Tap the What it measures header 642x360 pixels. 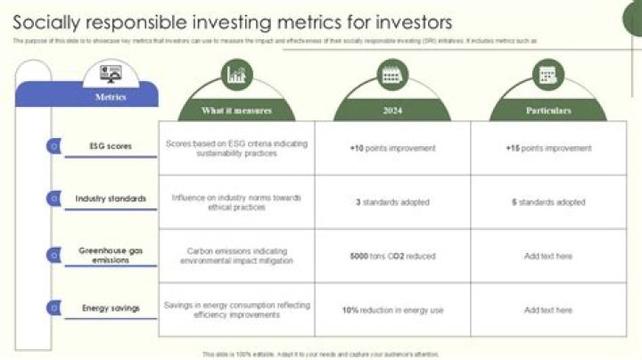(236, 110)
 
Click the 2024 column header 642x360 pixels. (392, 110)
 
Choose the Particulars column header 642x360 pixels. (548, 110)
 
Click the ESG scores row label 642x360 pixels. (111, 145)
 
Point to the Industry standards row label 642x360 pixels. (111, 199)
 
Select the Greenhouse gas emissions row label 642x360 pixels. (111, 256)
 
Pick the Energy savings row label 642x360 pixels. (111, 308)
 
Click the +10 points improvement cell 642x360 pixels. (392, 148)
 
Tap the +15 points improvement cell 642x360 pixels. (548, 148)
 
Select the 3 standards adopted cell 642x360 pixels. (392, 202)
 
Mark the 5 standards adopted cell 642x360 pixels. (548, 202)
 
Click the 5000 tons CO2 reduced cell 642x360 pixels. (392, 257)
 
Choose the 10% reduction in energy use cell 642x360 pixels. (392, 310)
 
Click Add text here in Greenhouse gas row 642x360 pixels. (548, 257)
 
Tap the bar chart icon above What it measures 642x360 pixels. (236, 75)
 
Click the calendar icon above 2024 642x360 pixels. (391, 75)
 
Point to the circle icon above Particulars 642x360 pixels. (547, 75)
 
